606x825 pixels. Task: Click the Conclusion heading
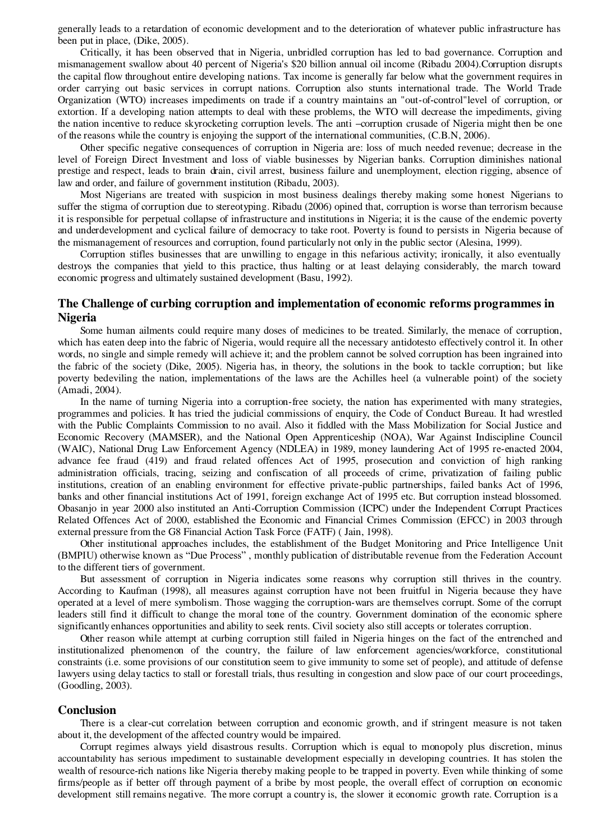point(87,710)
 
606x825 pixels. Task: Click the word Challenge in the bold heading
point(106,303)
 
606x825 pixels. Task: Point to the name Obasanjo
point(77,508)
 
